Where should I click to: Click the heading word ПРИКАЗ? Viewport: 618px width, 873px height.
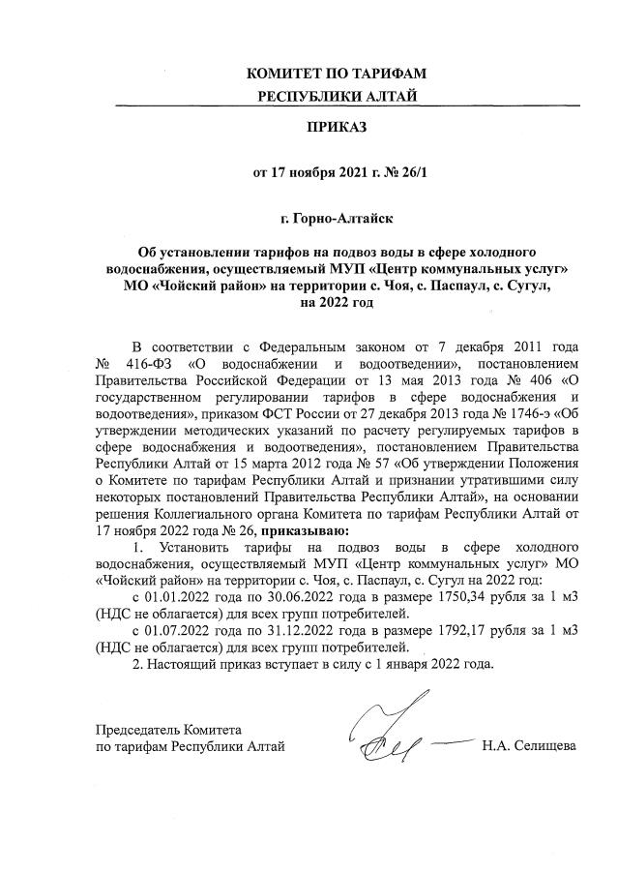(337, 127)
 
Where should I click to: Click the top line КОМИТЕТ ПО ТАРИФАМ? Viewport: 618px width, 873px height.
(337, 74)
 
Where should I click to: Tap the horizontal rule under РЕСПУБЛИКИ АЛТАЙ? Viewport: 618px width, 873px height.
(337, 105)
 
